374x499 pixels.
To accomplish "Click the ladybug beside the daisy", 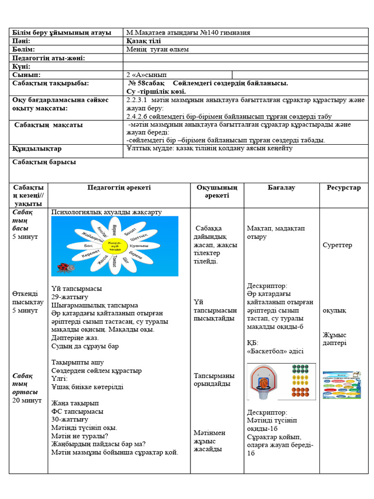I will [x=65, y=267].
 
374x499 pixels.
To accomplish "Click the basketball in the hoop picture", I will [x=263, y=384].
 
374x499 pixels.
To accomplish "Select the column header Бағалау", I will [x=281, y=188].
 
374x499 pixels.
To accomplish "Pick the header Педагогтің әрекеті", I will [x=119, y=188].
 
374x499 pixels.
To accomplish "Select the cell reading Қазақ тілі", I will [x=143, y=41].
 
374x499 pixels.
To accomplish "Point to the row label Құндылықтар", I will [x=37, y=149].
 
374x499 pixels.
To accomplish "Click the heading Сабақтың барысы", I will [x=44, y=162].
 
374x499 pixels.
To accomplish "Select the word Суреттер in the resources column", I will [x=337, y=245].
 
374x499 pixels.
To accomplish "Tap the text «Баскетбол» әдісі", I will [x=275, y=351].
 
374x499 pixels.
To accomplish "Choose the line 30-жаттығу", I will [x=70, y=420].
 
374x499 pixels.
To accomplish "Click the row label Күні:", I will [x=21, y=66].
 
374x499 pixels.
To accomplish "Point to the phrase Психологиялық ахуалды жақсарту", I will [x=106, y=212].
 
